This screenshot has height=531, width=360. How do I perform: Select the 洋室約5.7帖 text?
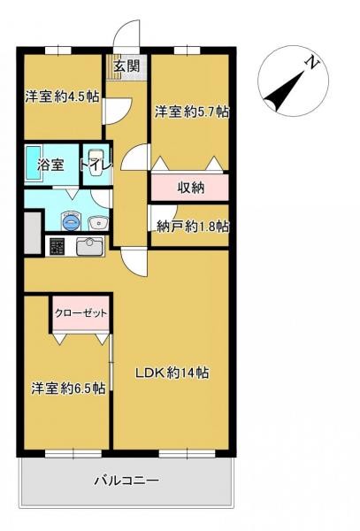click(192, 112)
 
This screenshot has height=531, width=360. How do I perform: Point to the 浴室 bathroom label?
click(50, 165)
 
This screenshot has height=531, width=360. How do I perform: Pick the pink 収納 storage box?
click(190, 187)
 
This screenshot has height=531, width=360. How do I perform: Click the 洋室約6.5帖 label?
click(69, 388)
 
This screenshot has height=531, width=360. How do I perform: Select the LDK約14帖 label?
click(172, 373)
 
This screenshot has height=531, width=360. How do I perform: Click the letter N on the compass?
click(311, 62)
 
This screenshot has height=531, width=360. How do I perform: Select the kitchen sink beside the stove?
click(89, 246)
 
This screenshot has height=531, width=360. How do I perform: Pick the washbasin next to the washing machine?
click(97, 221)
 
